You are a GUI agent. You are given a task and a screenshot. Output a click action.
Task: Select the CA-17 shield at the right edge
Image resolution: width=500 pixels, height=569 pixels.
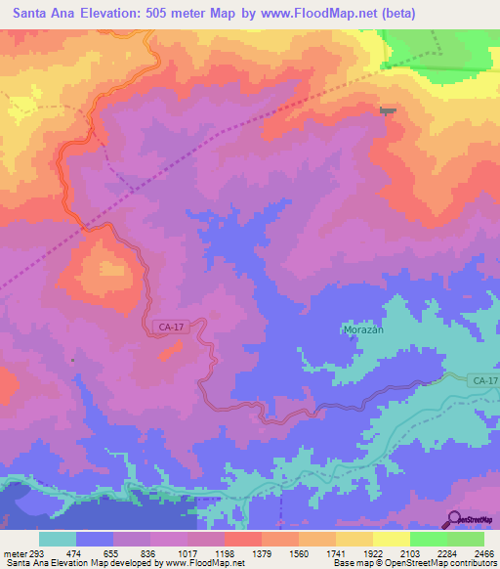[482, 379]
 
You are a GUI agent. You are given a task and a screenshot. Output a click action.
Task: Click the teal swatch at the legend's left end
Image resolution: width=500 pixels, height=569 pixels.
[58, 539]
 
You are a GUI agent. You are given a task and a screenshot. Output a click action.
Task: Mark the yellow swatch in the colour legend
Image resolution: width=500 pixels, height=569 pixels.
[391, 539]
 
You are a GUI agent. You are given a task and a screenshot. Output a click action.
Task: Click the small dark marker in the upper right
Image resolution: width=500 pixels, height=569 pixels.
[389, 110]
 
